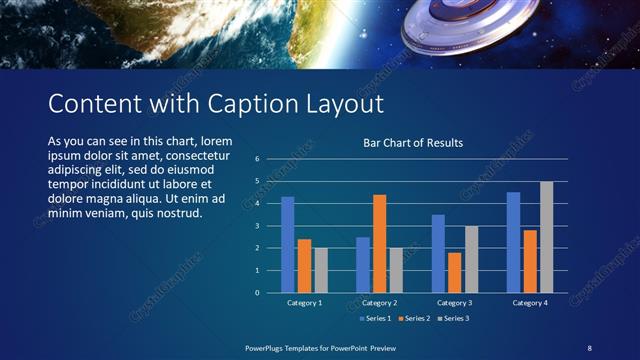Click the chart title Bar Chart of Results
[x=412, y=143]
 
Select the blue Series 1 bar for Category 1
[x=288, y=244]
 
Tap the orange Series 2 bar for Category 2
[x=379, y=243]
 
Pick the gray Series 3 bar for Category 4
[x=546, y=237]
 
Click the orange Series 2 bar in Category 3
[x=455, y=272]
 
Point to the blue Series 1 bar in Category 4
[x=513, y=242]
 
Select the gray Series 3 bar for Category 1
[x=321, y=270]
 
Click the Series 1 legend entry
[x=373, y=318]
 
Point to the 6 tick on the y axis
[x=257, y=159]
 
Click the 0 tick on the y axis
[x=257, y=293]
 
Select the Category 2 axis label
[x=380, y=303]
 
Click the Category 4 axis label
[x=530, y=303]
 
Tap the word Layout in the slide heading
[x=340, y=104]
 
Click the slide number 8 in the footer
[x=590, y=347]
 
